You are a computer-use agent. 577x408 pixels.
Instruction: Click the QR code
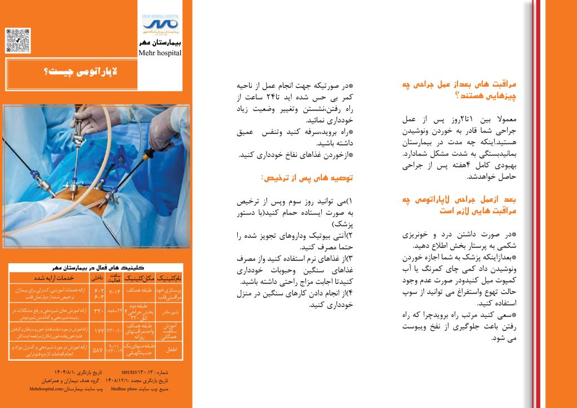[18, 41]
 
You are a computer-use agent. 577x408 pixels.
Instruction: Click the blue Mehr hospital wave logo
[160, 24]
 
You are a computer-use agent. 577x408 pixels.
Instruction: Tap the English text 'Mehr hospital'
[159, 52]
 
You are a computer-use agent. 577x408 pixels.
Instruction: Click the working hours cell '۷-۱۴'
[115, 291]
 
